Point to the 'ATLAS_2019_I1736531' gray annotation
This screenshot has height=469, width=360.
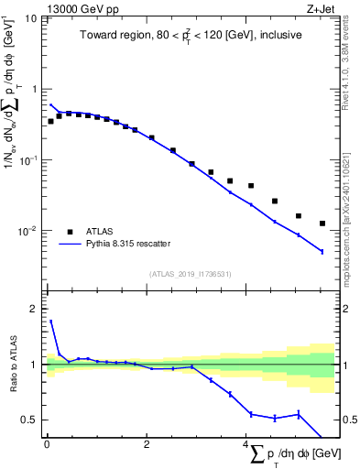pos(190,274)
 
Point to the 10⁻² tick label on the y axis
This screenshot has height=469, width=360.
pos(29,231)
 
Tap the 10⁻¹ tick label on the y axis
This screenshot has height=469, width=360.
pos(29,160)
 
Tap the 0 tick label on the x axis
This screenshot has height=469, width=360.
pos(47,446)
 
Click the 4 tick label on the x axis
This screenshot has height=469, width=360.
pos(245,446)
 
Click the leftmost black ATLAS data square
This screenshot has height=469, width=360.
pos(51,121)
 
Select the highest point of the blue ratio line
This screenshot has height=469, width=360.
pos(51,322)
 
